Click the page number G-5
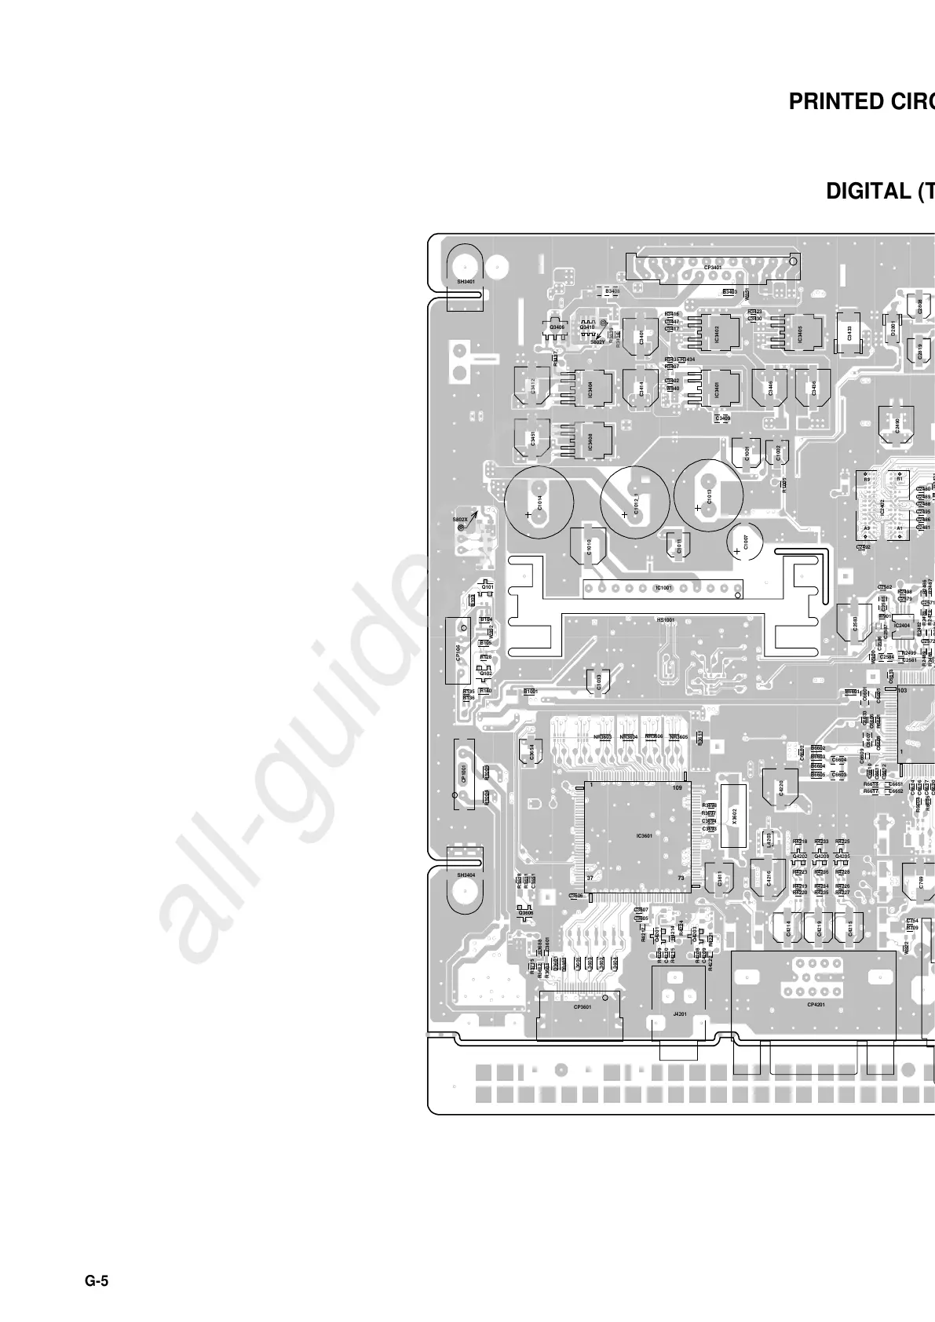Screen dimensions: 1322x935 97,1281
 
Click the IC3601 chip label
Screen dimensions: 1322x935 645,835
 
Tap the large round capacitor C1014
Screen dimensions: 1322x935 539,502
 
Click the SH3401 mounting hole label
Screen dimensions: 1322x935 466,280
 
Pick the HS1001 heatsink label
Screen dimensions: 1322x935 665,620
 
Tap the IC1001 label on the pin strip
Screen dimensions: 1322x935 663,588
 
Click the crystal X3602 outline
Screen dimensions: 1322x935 734,816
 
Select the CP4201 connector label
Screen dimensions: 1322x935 816,1003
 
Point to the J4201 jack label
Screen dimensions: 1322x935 680,1014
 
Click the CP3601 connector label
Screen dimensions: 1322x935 582,1006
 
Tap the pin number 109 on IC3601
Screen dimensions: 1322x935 678,787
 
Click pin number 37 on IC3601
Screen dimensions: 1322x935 590,877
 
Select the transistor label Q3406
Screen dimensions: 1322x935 557,327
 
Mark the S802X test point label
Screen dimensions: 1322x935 460,519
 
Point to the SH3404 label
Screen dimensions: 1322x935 466,874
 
